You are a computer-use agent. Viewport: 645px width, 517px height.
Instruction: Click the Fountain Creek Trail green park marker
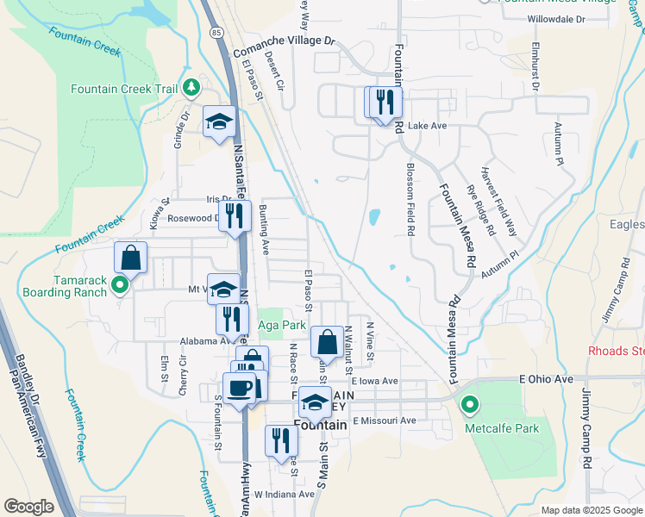pyautogui.click(x=190, y=88)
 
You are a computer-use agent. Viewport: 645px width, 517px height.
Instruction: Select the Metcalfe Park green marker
pyautogui.click(x=470, y=403)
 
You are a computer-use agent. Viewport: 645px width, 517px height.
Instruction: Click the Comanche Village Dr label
pyautogui.click(x=284, y=40)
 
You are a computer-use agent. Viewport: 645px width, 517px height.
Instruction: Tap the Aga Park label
pyautogui.click(x=282, y=326)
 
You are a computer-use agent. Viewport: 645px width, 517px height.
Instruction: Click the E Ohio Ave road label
pyautogui.click(x=546, y=378)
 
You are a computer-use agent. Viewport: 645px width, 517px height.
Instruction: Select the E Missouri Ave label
pyautogui.click(x=384, y=420)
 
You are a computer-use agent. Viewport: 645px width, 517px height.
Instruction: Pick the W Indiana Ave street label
pyautogui.click(x=285, y=495)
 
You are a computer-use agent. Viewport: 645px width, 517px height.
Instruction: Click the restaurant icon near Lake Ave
pyautogui.click(x=385, y=103)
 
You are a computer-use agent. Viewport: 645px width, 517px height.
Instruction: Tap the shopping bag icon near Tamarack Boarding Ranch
pyautogui.click(x=130, y=257)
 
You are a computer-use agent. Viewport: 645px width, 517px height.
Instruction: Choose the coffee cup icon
pyautogui.click(x=239, y=388)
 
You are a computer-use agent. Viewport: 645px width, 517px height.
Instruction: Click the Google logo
pyautogui.click(x=28, y=507)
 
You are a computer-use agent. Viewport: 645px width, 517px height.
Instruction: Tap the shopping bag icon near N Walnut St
pyautogui.click(x=327, y=342)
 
